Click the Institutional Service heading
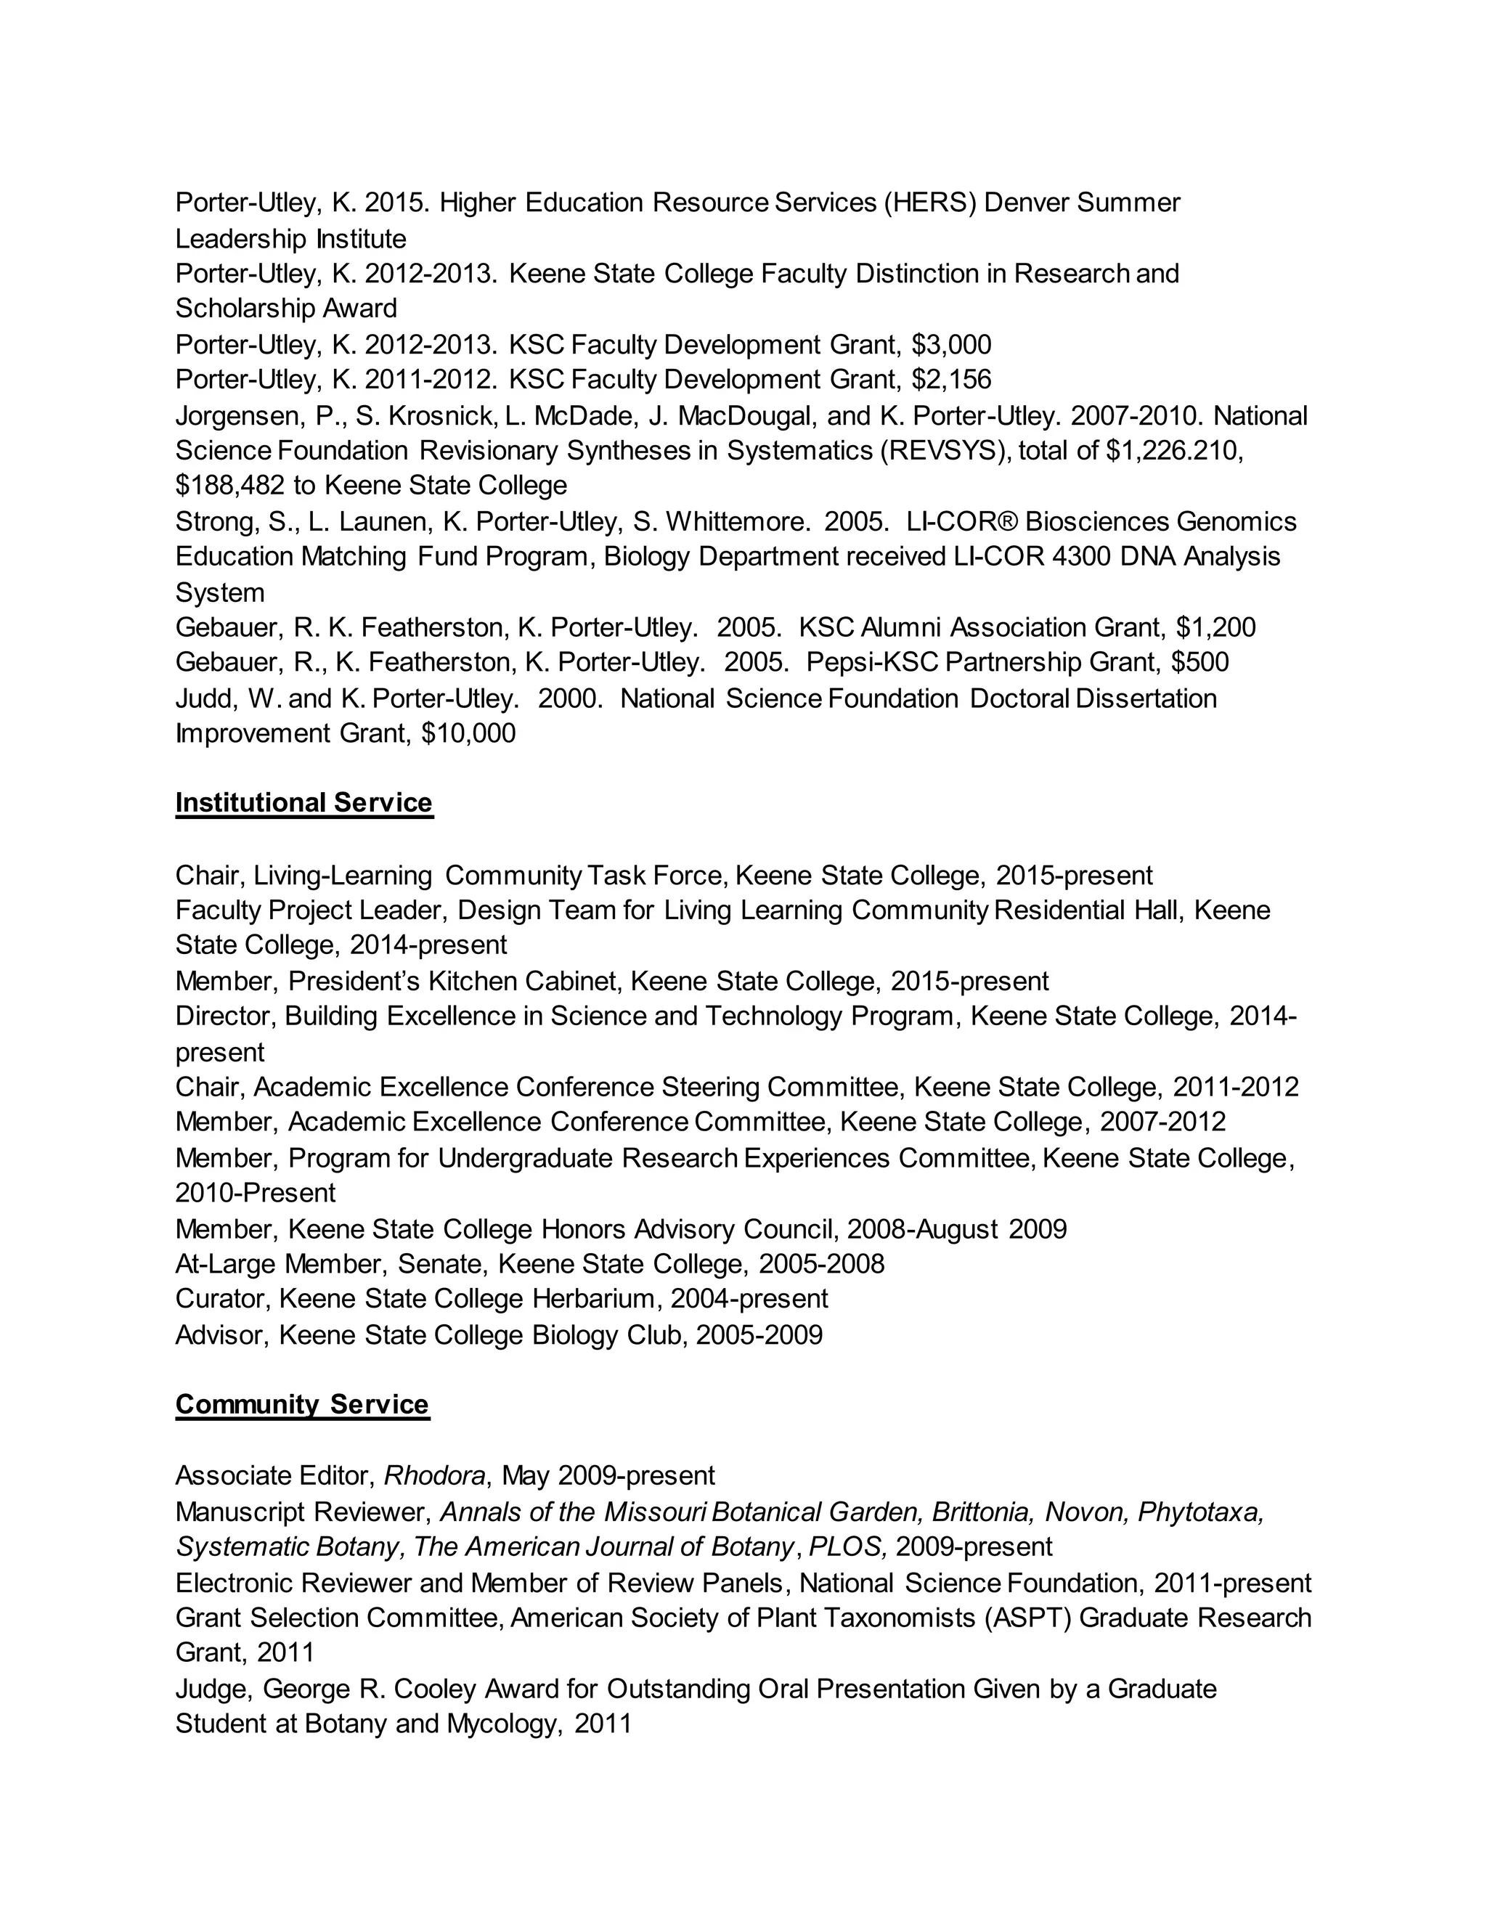[304, 802]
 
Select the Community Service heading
[302, 1403]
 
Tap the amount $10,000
[468, 734]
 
